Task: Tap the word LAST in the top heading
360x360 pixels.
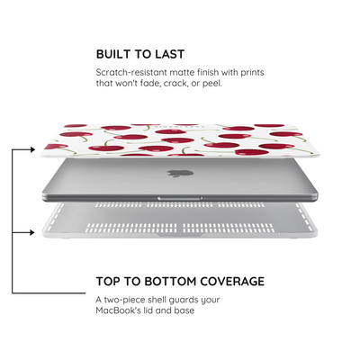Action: (x=170, y=54)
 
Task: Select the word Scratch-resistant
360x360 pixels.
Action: (x=131, y=73)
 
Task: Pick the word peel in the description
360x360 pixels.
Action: (x=212, y=84)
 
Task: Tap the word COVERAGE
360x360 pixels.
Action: (x=232, y=282)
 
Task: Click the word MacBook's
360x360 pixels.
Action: (x=118, y=310)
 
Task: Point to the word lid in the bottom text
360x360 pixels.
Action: (x=148, y=310)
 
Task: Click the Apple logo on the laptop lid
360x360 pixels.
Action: (x=180, y=173)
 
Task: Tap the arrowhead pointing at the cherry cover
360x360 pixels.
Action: (x=32, y=149)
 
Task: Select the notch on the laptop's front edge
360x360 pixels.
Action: (x=180, y=198)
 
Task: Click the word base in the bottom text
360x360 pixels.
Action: (x=184, y=310)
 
